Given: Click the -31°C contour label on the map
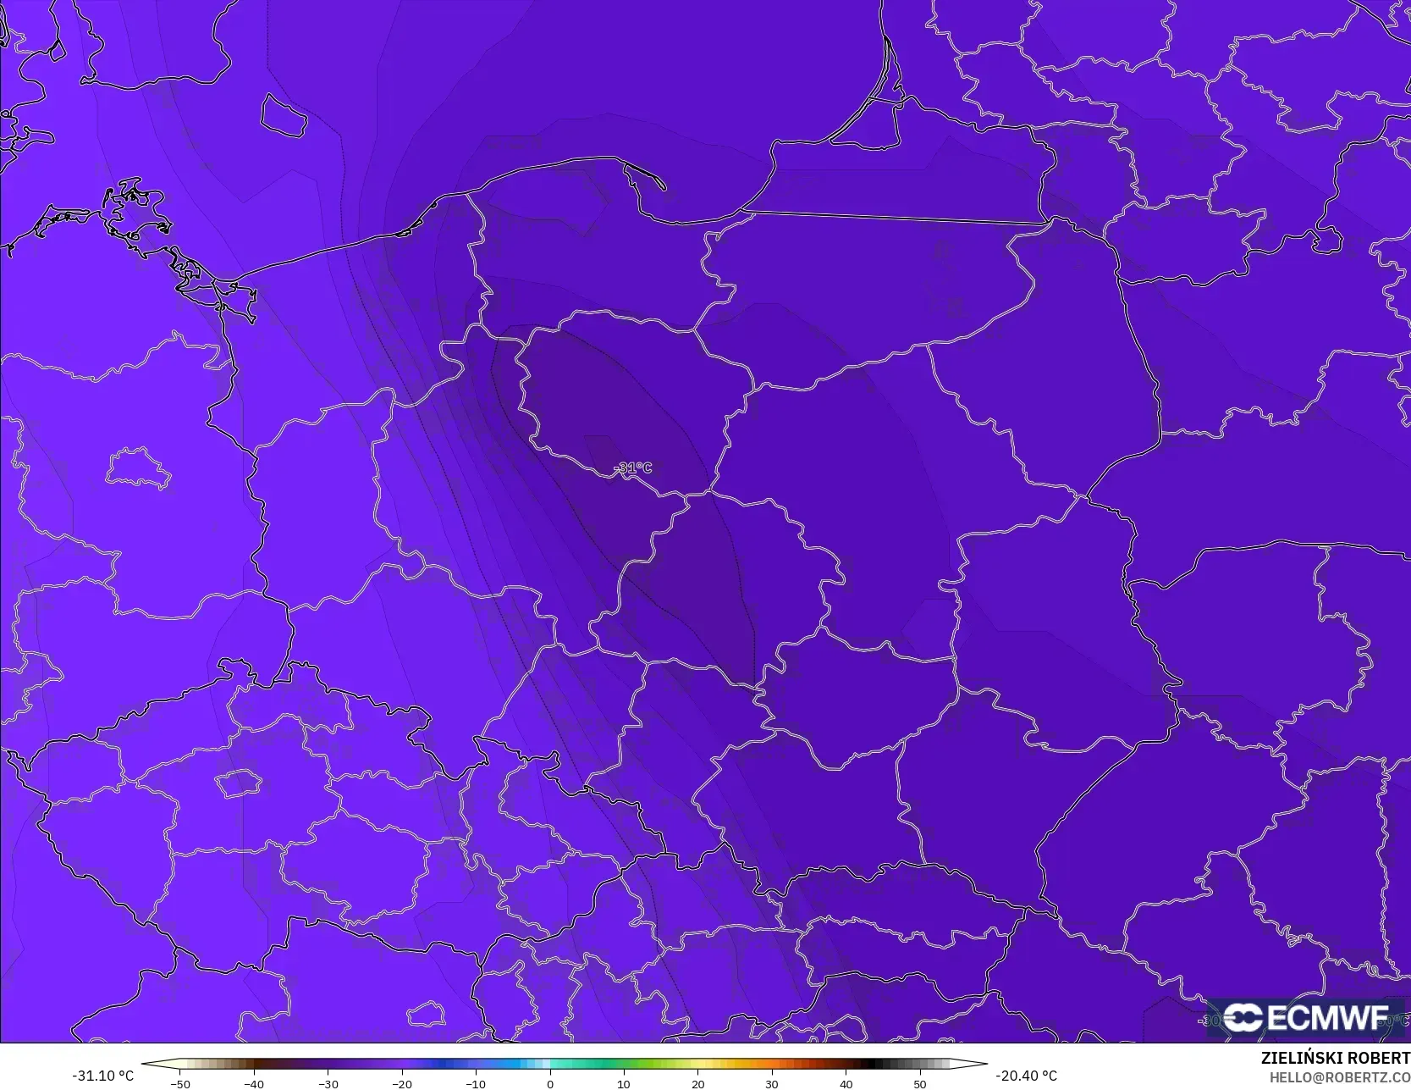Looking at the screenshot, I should pos(633,468).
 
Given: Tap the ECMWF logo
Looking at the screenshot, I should pos(1305,1017).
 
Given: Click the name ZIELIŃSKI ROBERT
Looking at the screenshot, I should pos(1335,1058).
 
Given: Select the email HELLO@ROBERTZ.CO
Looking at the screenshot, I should pos(1339,1077).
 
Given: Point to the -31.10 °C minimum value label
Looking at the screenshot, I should pos(102,1076).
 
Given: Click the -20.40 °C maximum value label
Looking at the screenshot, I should pos(1026,1076).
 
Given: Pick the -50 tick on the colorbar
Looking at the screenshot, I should pos(179,1083).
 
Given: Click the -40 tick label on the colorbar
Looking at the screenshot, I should pos(253,1083).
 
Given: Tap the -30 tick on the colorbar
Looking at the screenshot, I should pos(328,1083).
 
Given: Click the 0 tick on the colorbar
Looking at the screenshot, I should pos(550,1083).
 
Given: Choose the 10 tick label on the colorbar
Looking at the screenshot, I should pos(624,1083).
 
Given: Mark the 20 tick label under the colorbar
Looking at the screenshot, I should pos(697,1083).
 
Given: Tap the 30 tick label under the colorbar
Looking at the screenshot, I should pos(772,1083).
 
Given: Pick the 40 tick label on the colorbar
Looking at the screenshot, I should pos(846,1083).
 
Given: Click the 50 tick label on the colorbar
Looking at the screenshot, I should pos(920,1083).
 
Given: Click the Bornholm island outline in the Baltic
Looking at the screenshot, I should pos(284,115).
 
